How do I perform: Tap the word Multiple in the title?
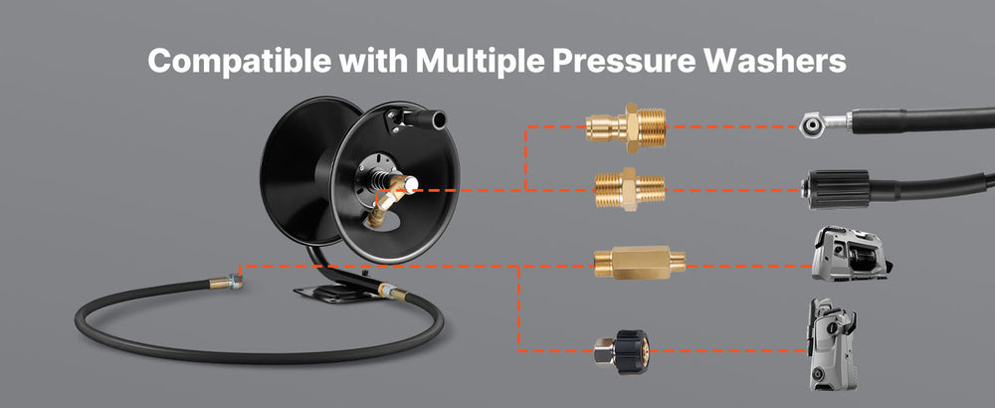tap(480, 62)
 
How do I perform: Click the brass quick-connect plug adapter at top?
tap(626, 127)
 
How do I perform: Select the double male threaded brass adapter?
tap(630, 189)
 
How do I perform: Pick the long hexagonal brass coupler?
tap(640, 262)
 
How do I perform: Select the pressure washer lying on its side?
tap(853, 253)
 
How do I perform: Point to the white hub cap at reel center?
tap(410, 185)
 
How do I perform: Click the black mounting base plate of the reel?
tap(330, 294)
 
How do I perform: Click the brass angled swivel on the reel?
tap(386, 202)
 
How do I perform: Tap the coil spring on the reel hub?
tap(379, 181)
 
